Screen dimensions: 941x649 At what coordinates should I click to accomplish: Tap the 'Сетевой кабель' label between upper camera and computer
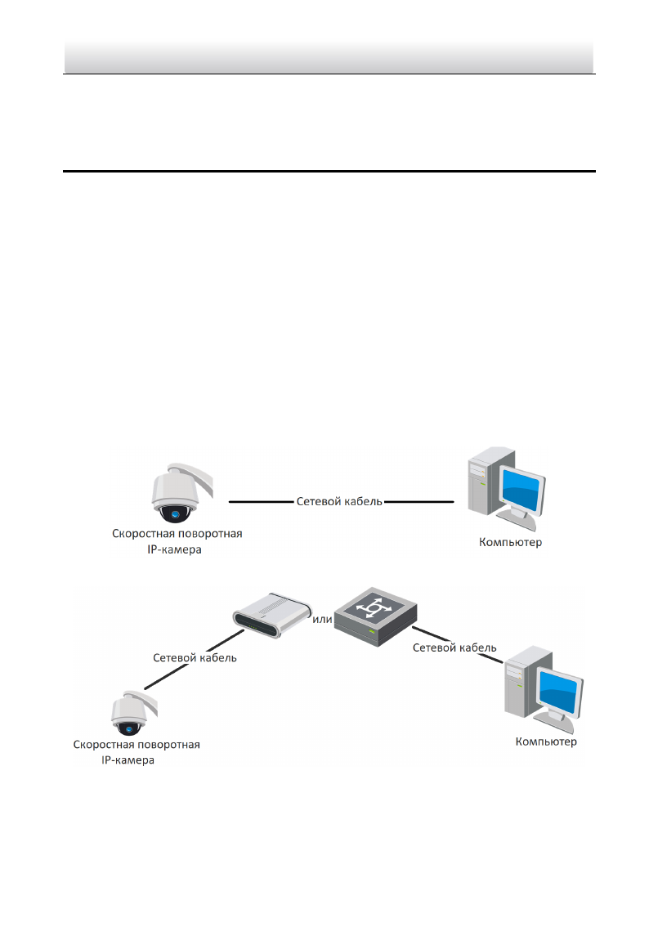pyautogui.click(x=338, y=501)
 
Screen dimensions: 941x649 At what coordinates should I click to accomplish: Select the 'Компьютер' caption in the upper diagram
pyautogui.click(x=510, y=541)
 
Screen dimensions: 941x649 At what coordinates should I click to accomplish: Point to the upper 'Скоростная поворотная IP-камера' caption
pyautogui.click(x=177, y=542)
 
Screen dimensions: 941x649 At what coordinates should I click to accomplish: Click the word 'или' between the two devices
pyautogui.click(x=322, y=619)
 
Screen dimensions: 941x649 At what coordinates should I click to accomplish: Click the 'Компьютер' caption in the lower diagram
pyautogui.click(x=546, y=742)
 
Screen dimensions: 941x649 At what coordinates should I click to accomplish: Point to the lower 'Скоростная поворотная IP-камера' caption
pyautogui.click(x=137, y=751)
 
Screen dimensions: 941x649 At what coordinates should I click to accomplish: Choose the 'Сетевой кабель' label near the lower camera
pyautogui.click(x=195, y=656)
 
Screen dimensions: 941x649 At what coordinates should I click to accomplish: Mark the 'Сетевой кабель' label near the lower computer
pyautogui.click(x=454, y=647)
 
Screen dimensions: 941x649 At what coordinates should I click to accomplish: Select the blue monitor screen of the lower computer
pyautogui.click(x=561, y=694)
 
